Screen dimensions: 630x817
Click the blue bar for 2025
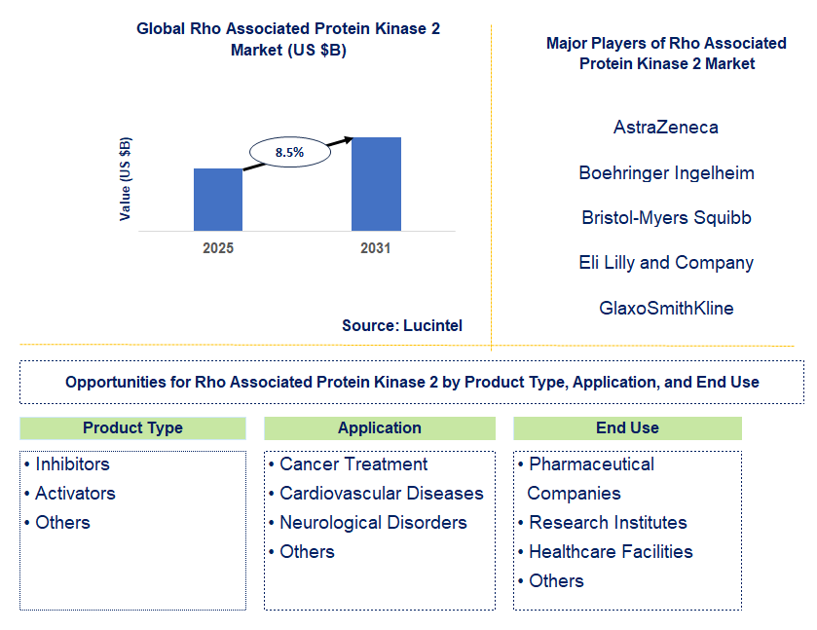coord(218,200)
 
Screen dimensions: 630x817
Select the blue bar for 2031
coord(376,184)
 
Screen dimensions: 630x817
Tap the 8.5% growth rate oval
coord(289,152)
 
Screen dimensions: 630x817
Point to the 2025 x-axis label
coord(218,248)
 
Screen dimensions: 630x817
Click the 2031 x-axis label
coord(376,248)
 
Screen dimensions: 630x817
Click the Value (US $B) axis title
coord(126,178)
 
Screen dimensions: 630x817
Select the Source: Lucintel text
coord(402,325)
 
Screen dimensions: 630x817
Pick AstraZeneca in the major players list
coord(666,128)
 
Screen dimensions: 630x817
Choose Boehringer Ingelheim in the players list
coord(666,173)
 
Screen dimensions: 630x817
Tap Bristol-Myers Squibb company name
coord(666,218)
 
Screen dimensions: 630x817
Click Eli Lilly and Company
coord(666,263)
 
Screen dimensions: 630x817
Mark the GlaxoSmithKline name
coord(666,309)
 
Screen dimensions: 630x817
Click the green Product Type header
coord(132,428)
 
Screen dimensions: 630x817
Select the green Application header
coord(380,428)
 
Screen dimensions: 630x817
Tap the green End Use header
coord(627,428)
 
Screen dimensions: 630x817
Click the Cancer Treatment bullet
coord(353,464)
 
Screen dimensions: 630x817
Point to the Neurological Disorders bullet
coord(373,523)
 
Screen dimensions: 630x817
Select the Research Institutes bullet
coord(608,523)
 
